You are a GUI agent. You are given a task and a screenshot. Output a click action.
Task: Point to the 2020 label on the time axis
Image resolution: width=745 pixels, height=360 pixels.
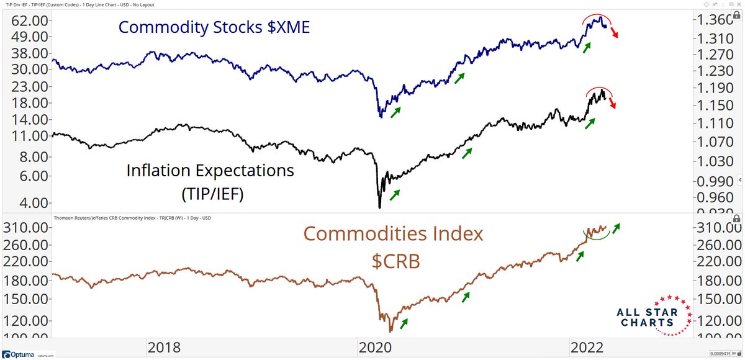click(x=376, y=348)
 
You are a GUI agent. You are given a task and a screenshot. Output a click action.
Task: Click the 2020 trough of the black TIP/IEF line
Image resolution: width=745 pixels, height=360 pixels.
click(x=379, y=207)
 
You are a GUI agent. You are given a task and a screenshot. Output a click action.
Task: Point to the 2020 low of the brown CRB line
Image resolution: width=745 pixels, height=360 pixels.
click(x=390, y=330)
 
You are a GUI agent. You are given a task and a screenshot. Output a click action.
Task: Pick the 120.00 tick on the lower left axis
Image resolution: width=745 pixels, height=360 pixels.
click(x=27, y=321)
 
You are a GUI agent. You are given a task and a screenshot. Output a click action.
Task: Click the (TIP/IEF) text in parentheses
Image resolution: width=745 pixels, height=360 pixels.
click(x=210, y=194)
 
